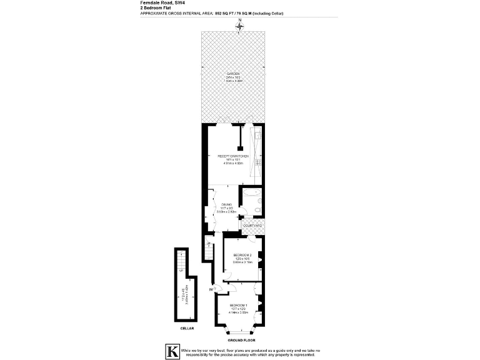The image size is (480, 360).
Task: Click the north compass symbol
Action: pos(239,26)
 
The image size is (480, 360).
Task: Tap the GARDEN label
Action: pos(233,74)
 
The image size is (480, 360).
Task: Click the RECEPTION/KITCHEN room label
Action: pos(233,156)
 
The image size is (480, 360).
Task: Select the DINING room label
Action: pos(225,204)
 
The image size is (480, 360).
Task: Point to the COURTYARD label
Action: pos(252,225)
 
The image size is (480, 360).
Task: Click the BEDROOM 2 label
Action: pos(242,255)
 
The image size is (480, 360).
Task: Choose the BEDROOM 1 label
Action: pos(238,304)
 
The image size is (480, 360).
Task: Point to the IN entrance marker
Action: pos(212,289)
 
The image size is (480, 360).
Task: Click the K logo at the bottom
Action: pos(170,351)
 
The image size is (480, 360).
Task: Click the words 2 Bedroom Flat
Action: pos(156,8)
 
